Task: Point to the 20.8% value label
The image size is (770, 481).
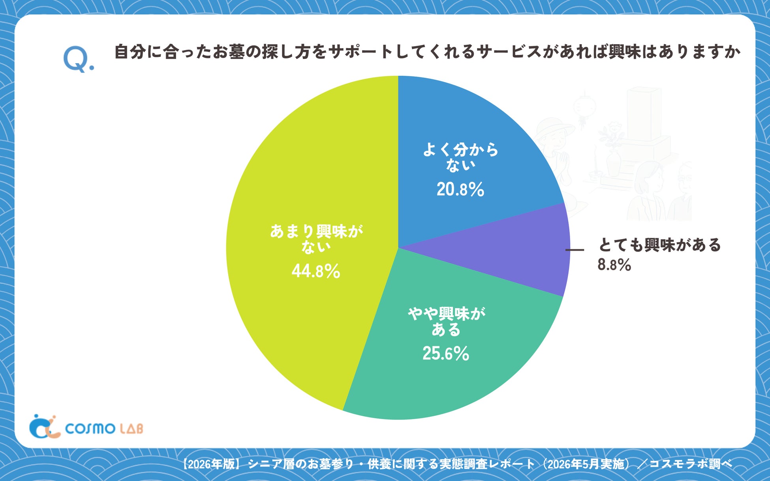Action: tap(460, 189)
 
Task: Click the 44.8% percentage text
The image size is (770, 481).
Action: tap(316, 271)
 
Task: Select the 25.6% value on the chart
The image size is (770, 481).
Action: tap(446, 353)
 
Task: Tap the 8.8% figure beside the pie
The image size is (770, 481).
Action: tap(614, 264)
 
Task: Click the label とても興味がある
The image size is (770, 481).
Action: tap(660, 245)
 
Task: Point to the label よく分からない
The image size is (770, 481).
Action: tap(461, 157)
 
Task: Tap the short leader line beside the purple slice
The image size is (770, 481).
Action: tap(575, 250)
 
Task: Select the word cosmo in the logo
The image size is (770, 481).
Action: tap(90, 428)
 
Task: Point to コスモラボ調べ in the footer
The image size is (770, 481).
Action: tap(691, 464)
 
